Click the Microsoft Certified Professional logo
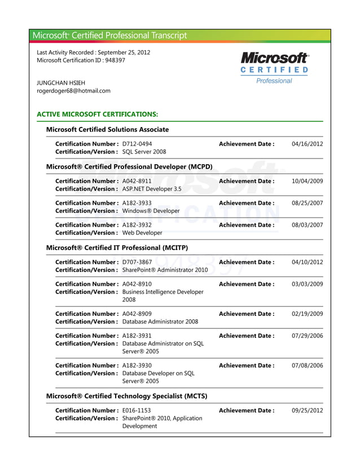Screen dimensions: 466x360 (x=274, y=68)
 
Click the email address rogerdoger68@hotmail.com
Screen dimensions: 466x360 (x=73, y=90)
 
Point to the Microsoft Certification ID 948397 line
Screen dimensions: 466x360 (x=81, y=60)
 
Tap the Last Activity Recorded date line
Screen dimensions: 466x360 (x=93, y=52)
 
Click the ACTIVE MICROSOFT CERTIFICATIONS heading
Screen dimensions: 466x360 (x=97, y=114)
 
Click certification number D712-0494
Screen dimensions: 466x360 (x=137, y=144)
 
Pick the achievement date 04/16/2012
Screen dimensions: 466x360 (x=307, y=144)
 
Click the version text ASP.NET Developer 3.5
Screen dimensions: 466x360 (x=152, y=189)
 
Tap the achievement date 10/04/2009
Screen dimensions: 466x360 (x=307, y=181)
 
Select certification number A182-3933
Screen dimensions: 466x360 (x=137, y=203)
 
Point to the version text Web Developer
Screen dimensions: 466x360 (x=142, y=232)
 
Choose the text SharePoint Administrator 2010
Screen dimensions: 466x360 (x=165, y=270)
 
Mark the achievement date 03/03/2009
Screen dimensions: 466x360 (x=307, y=284)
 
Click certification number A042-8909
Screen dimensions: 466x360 (x=137, y=314)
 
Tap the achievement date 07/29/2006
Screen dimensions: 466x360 (x=307, y=336)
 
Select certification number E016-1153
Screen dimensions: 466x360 (x=137, y=410)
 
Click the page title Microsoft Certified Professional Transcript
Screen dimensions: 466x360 (x=109, y=36)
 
